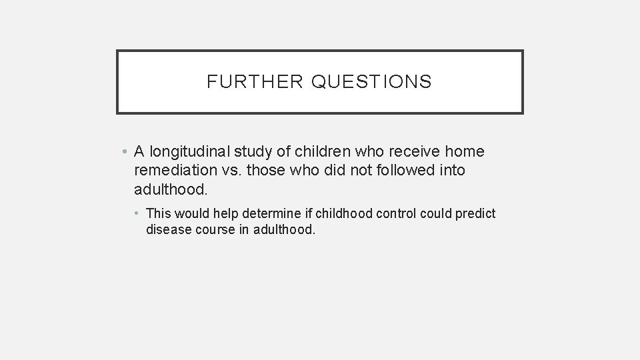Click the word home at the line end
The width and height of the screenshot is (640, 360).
pos(464,152)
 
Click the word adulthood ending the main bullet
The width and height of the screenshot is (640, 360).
pos(171,189)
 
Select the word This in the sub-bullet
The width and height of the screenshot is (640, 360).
pos(158,214)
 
